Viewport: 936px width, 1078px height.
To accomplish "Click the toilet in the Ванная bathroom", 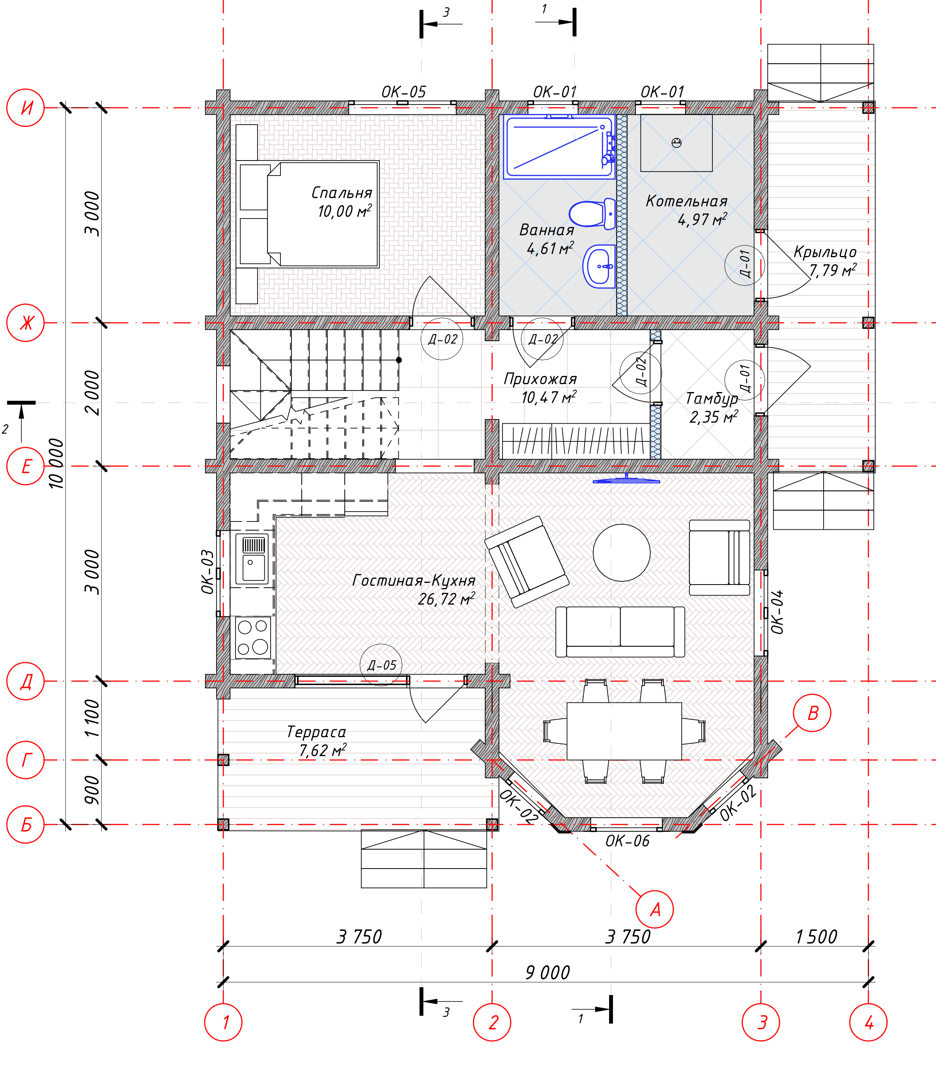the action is click(592, 214).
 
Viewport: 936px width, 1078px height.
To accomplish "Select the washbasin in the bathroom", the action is click(599, 266).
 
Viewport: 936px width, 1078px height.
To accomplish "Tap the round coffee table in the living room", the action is click(622, 553).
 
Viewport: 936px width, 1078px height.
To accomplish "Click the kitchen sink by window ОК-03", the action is click(252, 558).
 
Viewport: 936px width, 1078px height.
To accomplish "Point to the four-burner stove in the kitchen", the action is click(253, 637).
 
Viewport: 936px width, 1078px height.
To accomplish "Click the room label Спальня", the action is click(342, 193).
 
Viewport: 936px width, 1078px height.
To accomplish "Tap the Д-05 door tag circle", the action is click(381, 665).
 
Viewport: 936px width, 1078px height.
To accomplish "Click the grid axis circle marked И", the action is click(26, 108).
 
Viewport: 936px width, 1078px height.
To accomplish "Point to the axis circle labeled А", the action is click(654, 909).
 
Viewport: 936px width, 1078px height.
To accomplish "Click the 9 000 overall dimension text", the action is click(547, 973).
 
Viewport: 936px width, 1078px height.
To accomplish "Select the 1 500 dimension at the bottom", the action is click(816, 936).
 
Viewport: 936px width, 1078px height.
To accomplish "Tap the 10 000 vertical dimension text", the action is click(56, 464).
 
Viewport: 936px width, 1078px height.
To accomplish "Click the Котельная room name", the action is click(686, 201).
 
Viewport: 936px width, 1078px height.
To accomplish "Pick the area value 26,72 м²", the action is click(447, 598).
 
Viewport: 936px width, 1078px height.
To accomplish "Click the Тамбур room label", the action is click(712, 398).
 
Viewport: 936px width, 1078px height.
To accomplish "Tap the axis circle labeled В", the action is click(812, 713).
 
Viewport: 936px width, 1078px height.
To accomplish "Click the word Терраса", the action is click(316, 732).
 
